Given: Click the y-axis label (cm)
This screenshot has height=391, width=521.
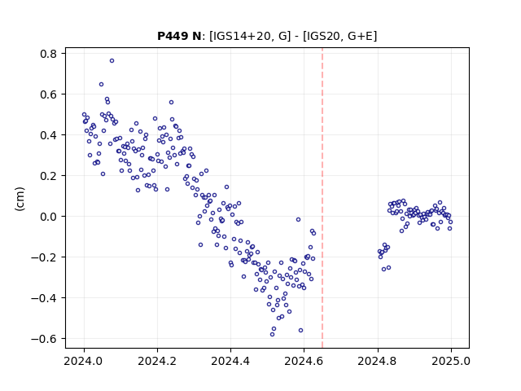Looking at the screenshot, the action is [20, 199].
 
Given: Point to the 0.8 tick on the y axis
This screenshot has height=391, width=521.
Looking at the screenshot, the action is [49, 54].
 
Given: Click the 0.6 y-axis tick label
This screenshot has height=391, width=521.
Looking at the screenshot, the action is [49, 94].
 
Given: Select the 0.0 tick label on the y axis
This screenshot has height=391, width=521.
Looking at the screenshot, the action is [49, 217].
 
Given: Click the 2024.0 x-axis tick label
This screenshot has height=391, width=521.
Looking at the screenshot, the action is [84, 361].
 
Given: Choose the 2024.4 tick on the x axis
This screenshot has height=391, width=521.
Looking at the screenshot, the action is [230, 361].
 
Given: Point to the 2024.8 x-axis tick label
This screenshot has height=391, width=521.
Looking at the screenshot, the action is [377, 361].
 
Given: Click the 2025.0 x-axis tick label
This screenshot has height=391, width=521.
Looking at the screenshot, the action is [451, 361].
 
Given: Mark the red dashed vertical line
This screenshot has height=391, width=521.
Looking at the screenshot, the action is [322, 198].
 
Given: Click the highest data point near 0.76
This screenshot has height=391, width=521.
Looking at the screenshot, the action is [112, 60].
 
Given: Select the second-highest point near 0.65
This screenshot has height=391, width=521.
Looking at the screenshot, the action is [101, 85].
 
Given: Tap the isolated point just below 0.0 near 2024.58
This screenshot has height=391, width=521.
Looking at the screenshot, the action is [299, 219].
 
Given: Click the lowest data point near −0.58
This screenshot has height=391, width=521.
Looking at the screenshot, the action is [272, 334].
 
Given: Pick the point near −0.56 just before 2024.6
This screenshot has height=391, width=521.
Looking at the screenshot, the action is [300, 330].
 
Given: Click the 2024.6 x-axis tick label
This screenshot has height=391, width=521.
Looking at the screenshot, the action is [304, 361].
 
